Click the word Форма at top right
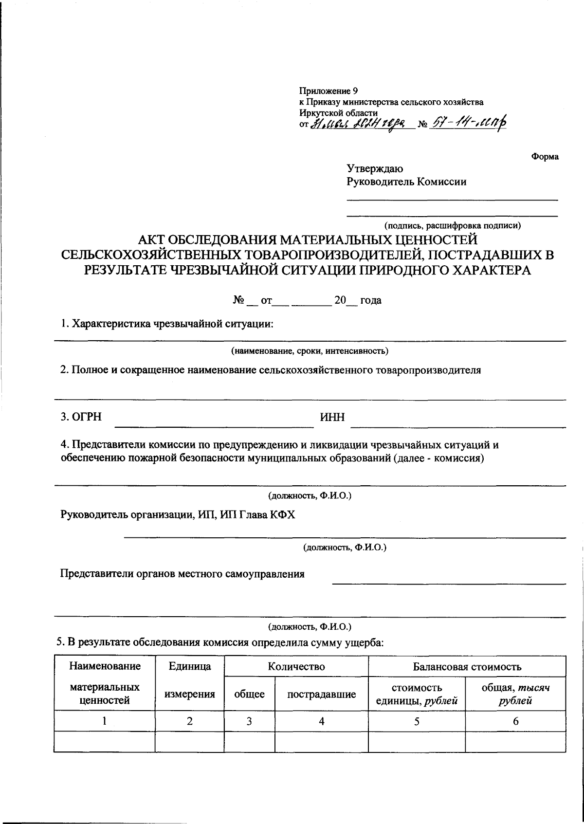tap(545, 157)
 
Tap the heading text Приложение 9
tap(328, 91)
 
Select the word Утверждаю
tap(374, 169)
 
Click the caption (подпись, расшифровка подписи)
tap(453, 225)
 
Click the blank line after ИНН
tap(457, 426)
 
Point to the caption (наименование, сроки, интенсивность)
tap(310, 351)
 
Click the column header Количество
tap(296, 666)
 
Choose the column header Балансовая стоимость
tap(467, 666)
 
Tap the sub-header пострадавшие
tap(321, 695)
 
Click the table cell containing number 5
tap(417, 721)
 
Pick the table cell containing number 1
tap(104, 721)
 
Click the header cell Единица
tap(189, 666)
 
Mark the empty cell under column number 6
tap(515, 742)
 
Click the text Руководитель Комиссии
tap(406, 182)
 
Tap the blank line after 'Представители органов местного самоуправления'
tap(449, 582)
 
